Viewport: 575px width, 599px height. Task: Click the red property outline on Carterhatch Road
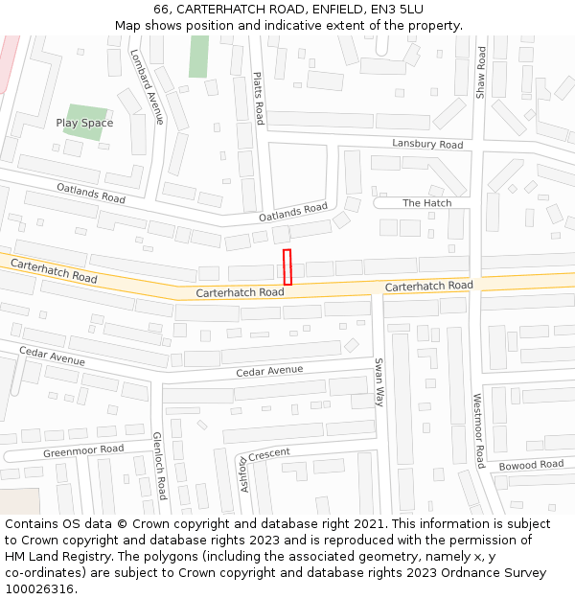(x=287, y=266)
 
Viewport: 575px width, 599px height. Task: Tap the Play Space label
(x=84, y=123)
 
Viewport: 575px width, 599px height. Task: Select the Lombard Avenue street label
(x=147, y=86)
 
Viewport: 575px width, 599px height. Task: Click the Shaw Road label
(x=481, y=72)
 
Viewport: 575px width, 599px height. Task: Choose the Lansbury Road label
(x=427, y=144)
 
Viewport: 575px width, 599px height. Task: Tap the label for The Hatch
(x=426, y=203)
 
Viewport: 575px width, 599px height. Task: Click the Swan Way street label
(x=379, y=382)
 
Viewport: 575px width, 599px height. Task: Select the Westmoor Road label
(x=478, y=429)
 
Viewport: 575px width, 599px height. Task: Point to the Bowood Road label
(x=531, y=465)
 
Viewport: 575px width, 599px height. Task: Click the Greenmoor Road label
(x=83, y=449)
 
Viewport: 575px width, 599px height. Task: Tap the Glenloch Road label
(x=160, y=466)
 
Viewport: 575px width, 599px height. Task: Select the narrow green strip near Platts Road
(x=198, y=57)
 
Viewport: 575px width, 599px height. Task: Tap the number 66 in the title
(x=160, y=10)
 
